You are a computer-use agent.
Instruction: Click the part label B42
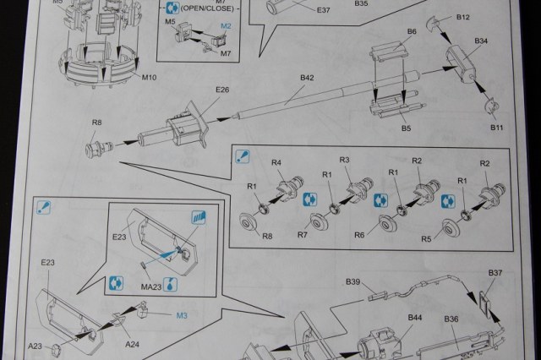tap(308, 78)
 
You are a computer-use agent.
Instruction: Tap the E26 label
tap(223, 90)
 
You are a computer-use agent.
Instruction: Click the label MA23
tap(152, 287)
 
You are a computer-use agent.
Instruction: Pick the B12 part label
tap(462, 17)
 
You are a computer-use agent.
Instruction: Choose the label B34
tap(482, 41)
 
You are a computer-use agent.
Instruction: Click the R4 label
tap(276, 162)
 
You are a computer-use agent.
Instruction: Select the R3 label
tap(344, 161)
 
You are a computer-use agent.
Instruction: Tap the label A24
tap(134, 343)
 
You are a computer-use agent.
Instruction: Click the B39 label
tap(352, 281)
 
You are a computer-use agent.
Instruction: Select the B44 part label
tap(414, 317)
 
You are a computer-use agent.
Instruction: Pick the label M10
tap(150, 78)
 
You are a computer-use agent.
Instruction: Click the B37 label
tap(495, 273)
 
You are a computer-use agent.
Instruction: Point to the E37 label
tap(323, 10)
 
